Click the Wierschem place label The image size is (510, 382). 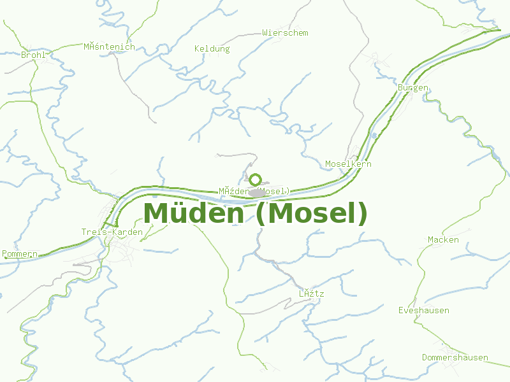tap(285, 32)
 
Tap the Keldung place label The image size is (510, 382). tap(212, 48)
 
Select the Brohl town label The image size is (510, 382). tap(33, 55)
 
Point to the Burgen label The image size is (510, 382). tap(413, 87)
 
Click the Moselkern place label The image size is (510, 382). tap(348, 164)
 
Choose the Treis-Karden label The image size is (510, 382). tap(112, 232)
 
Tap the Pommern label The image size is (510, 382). tap(20, 254)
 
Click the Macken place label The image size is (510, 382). tap(443, 240)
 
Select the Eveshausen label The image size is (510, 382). tap(423, 311)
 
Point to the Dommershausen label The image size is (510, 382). tap(455, 358)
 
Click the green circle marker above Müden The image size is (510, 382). tap(256, 180)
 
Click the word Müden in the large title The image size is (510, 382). tap(193, 213)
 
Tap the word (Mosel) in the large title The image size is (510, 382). tap(311, 213)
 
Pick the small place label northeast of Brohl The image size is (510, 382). tap(109, 46)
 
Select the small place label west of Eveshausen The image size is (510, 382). tap(312, 294)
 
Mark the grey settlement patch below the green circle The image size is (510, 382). tap(258, 192)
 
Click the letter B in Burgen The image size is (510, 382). tap(400, 87)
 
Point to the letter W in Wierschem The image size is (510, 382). tap(265, 32)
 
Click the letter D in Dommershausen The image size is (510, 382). tap(425, 358)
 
